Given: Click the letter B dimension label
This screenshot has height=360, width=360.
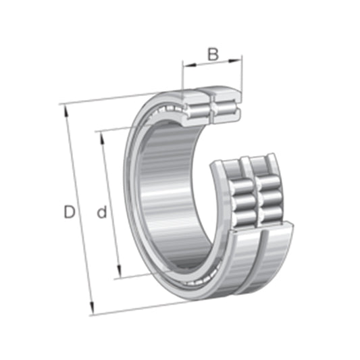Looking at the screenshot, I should tap(212, 54).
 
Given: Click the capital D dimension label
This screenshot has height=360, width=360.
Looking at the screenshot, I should tap(69, 212).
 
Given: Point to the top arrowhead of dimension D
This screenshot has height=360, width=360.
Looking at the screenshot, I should tap(66, 108).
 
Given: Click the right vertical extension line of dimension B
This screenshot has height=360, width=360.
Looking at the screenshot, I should tap(241, 78).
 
